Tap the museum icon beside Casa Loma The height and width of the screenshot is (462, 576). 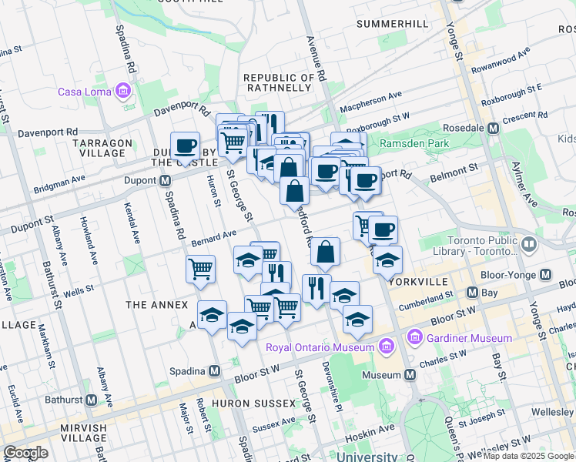[122, 92]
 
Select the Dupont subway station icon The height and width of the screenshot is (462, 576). [164, 181]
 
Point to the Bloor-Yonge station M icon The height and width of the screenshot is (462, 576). [545, 275]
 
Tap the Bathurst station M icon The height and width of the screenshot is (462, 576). [92, 400]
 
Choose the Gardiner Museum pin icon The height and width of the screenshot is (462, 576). [415, 338]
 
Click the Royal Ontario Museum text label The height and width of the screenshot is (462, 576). [318, 346]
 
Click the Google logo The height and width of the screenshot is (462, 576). [25, 453]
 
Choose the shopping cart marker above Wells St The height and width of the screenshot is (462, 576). [200, 269]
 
